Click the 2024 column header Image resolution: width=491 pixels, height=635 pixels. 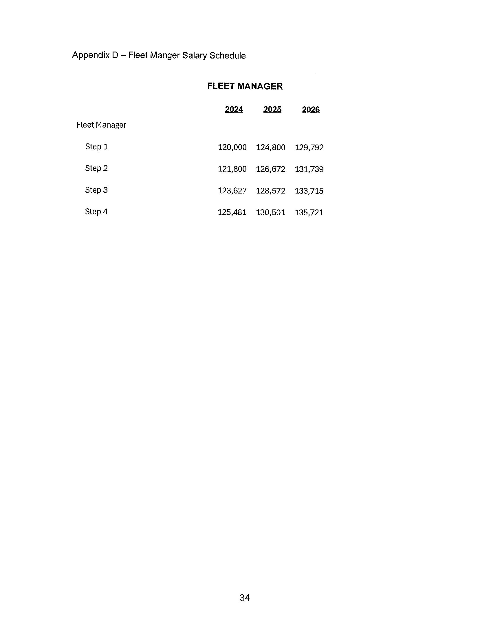pos(234,109)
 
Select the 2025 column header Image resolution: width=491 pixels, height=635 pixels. pos(272,109)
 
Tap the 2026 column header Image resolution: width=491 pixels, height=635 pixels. pos(311,110)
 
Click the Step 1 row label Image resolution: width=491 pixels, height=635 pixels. pos(96,147)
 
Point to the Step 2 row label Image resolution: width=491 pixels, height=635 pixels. pos(96,168)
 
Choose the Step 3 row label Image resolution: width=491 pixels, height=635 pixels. pos(96,190)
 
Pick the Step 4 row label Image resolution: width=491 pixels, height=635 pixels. pos(96,212)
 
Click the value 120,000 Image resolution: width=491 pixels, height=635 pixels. pos(232,147)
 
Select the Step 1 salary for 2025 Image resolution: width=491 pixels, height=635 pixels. pos(270,147)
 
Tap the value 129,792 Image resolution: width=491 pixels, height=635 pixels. pos(309,148)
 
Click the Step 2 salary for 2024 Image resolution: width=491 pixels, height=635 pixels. pos(232,169)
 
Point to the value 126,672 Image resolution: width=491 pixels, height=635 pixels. pos(270,169)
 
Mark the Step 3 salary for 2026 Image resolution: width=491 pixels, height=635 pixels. pos(309,191)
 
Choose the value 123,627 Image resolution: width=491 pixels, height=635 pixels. pos(232,191)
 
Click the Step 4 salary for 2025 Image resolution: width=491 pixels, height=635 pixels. pos(270,213)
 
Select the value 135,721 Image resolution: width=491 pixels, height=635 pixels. pos(309,213)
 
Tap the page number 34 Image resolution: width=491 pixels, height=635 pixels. pos(245,598)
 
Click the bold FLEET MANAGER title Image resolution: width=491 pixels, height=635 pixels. pos(245,86)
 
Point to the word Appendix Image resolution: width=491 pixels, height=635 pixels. pos(91,55)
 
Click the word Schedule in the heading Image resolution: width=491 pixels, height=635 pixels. pos(228,56)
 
